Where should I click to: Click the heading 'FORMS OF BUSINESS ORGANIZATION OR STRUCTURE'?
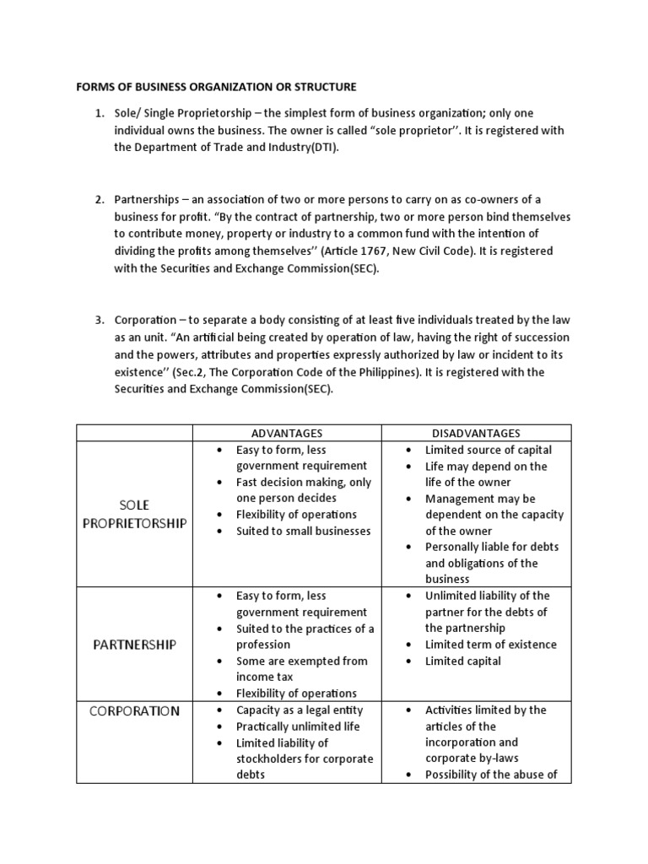click(x=217, y=87)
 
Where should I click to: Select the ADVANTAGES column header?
click(x=287, y=433)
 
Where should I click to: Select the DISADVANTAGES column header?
click(x=476, y=433)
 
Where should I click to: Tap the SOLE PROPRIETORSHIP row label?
click(x=134, y=514)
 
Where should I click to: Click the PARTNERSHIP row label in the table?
click(x=134, y=645)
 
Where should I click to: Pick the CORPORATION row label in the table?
click(x=134, y=710)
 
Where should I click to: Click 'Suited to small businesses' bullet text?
click(x=303, y=531)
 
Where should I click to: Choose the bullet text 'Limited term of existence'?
click(x=491, y=645)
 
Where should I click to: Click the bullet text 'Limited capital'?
click(x=462, y=661)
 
